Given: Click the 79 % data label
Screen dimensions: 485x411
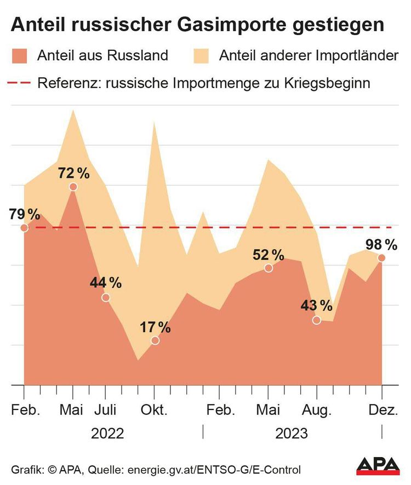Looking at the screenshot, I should click(25, 214).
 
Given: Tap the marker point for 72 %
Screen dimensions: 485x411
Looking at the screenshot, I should click(73, 187).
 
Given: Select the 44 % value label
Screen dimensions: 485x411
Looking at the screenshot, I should click(106, 283).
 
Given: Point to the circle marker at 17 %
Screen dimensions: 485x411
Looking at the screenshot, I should click(155, 340).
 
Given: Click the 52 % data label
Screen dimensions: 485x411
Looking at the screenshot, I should click(269, 255).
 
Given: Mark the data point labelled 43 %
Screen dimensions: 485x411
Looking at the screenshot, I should click(316, 320).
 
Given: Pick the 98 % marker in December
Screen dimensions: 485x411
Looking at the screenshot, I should click(381, 258).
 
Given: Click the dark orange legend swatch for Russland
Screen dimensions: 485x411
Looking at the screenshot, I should click(20, 55).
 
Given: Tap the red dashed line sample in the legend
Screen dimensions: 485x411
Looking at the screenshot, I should click(20, 83).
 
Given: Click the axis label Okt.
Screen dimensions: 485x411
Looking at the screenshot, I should click(155, 410).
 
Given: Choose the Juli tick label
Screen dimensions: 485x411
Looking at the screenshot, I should click(106, 410).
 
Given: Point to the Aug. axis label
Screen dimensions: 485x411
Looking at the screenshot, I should click(317, 410).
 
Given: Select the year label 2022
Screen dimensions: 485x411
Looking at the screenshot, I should click(107, 434).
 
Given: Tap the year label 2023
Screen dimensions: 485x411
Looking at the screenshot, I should click(292, 434).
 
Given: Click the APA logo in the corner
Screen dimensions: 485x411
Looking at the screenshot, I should click(378, 466).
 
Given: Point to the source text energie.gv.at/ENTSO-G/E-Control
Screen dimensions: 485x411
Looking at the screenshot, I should click(214, 470).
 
